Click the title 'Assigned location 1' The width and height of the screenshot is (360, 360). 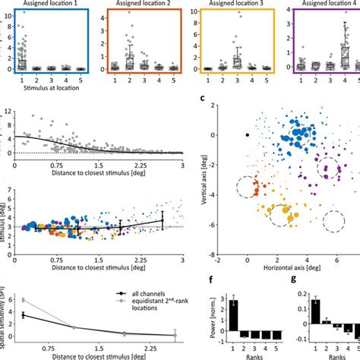point(48,3)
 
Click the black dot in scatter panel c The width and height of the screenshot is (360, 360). point(247,134)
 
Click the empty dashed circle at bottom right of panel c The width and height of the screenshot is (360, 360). point(332,223)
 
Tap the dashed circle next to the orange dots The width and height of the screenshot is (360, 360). point(246,187)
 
